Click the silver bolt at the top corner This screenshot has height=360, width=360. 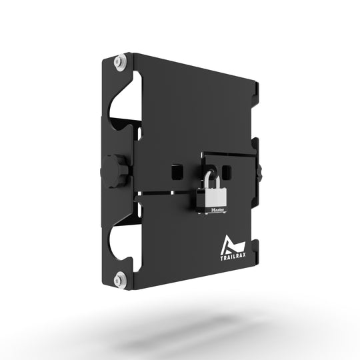pos(119,62)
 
